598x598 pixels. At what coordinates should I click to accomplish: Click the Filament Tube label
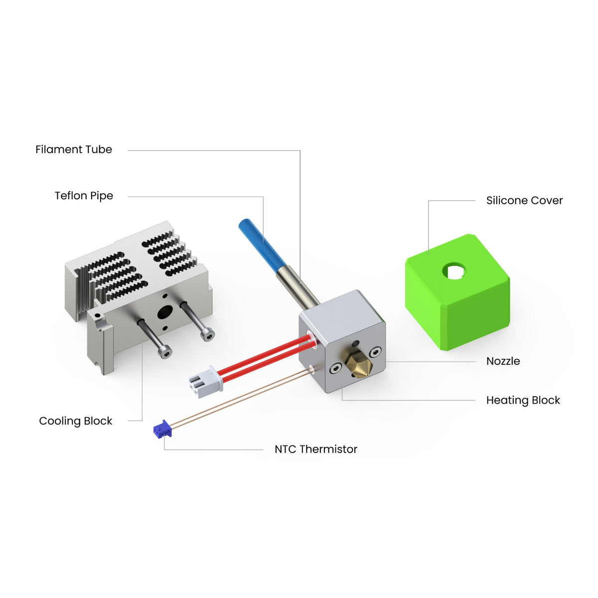tap(74, 149)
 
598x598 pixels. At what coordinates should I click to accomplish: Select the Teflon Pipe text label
tap(84, 196)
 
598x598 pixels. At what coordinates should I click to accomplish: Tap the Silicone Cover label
tap(524, 200)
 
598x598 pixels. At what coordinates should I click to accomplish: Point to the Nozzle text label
tap(503, 361)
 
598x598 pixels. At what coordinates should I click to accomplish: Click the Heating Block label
tap(523, 401)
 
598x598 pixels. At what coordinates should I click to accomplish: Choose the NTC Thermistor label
tap(315, 449)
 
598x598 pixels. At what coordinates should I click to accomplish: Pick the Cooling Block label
tap(76, 421)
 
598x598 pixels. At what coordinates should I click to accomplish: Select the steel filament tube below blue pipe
tap(298, 287)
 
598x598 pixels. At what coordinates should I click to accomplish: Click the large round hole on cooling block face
tap(163, 312)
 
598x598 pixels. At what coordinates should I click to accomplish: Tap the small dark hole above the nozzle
tap(355, 343)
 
